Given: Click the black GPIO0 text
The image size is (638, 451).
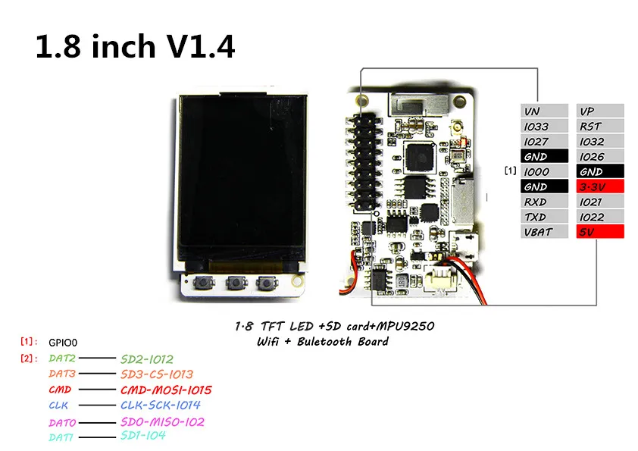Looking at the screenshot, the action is click(63, 343).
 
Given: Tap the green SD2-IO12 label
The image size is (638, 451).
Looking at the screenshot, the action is click(147, 359).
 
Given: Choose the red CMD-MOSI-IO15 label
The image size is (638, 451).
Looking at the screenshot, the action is click(166, 390).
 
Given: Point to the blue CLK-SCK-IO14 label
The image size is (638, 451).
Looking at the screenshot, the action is click(161, 405).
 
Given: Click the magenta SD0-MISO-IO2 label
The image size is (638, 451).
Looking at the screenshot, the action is click(162, 421).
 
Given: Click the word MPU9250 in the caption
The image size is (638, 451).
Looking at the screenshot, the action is click(405, 326).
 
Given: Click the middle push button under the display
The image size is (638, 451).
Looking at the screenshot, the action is click(237, 282).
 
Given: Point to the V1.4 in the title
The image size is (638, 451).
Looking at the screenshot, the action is click(200, 46).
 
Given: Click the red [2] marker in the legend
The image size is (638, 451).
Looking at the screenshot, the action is click(29, 359).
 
